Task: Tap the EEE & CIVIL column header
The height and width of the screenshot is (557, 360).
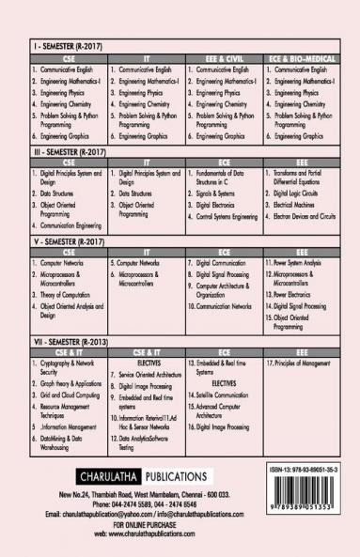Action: (x=221, y=59)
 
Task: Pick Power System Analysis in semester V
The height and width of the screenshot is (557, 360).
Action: (x=301, y=263)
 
